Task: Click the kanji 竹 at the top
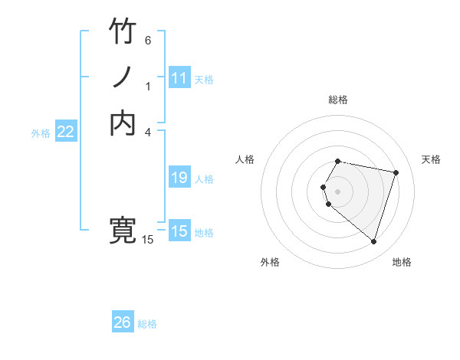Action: [x=123, y=31]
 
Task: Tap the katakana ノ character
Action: [x=123, y=78]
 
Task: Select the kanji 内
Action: [x=123, y=123]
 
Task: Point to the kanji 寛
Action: [x=123, y=231]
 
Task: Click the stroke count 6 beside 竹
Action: [x=148, y=40]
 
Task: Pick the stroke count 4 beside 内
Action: [x=148, y=132]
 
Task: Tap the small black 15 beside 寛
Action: [x=148, y=240]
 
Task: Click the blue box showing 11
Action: [x=179, y=78]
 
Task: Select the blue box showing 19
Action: [x=179, y=178]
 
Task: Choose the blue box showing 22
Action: [x=66, y=132]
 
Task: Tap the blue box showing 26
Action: [x=123, y=322]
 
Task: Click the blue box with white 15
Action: [x=179, y=231]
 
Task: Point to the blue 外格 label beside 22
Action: [x=41, y=133]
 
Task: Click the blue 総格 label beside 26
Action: [x=147, y=324]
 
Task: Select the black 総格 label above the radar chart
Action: [x=338, y=100]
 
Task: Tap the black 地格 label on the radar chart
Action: [x=402, y=262]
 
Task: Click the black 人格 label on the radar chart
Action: [x=245, y=159]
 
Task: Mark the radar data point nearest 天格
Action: [x=396, y=173]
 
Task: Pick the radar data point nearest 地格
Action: [x=373, y=242]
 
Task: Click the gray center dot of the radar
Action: [x=338, y=191]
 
